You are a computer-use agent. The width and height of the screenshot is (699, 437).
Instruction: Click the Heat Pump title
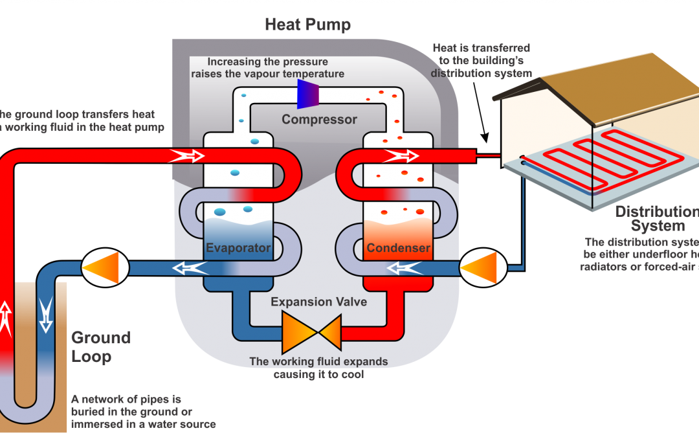(x=307, y=25)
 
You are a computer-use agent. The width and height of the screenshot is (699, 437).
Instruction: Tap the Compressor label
(x=319, y=120)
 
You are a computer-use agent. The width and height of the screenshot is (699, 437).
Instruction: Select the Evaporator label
(x=238, y=248)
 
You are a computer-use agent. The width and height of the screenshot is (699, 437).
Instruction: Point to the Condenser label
(x=398, y=248)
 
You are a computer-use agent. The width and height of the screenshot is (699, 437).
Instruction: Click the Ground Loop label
(x=100, y=347)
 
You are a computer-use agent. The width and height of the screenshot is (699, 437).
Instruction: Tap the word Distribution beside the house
(x=655, y=212)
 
